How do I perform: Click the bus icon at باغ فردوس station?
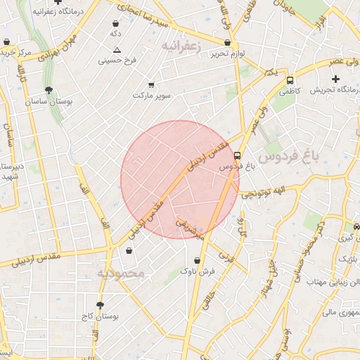(237, 155)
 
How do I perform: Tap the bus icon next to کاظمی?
(289, 80)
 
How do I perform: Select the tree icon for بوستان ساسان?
(49, 90)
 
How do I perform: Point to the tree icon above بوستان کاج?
(100, 305)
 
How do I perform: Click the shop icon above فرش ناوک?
(196, 260)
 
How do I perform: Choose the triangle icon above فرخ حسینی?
(117, 50)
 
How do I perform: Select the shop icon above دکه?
(115, 23)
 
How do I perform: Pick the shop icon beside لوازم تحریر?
(229, 42)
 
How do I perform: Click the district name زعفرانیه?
(181, 46)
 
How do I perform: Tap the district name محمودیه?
(120, 273)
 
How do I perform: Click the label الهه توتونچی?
(260, 193)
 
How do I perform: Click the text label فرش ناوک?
(196, 271)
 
